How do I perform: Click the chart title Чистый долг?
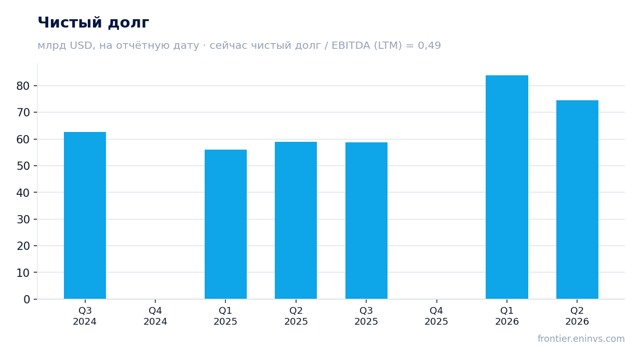(94, 23)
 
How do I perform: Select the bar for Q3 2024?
(85, 216)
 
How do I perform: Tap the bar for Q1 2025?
(225, 224)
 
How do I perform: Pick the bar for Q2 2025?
(296, 220)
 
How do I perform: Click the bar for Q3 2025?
(366, 221)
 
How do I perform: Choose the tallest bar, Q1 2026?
(507, 187)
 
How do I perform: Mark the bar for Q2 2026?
(577, 200)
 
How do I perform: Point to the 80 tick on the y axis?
(23, 86)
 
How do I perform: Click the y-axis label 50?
(23, 166)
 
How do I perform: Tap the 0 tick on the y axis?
(26, 300)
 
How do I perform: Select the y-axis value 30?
(23, 220)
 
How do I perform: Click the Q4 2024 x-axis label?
(155, 316)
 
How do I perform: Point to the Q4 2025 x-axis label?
(436, 316)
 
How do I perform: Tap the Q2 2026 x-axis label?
(577, 316)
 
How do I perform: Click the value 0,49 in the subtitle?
(429, 46)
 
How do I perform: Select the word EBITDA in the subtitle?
(351, 46)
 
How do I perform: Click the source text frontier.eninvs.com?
(581, 339)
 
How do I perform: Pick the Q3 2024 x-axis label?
(85, 316)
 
